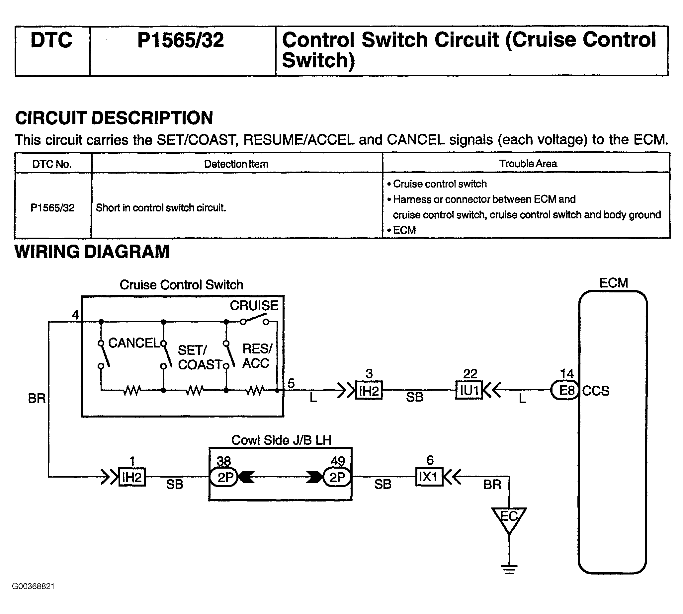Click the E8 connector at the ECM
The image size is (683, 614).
pos(565,390)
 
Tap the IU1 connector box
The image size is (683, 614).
pos(469,390)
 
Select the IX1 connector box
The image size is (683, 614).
pos(429,477)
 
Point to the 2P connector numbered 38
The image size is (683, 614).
pos(224,477)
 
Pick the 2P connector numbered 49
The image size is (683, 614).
pos(337,477)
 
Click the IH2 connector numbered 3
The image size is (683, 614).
pos(369,390)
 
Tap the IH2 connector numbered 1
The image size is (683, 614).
pos(132,477)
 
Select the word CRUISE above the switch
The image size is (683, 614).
pos(254,305)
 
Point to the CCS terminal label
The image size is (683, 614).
pos(596,391)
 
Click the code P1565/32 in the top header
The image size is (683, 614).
pos(181,40)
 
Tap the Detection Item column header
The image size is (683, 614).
pos(236,164)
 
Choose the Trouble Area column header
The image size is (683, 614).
pos(528,164)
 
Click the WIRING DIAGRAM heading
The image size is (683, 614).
pos(92,252)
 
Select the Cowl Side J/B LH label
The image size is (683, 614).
pos(281,440)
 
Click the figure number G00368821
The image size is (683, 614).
pos(33,586)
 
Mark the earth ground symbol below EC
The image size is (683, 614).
pos(509,569)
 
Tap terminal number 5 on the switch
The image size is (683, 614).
pos(291,383)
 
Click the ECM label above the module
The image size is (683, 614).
pos(614,283)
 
